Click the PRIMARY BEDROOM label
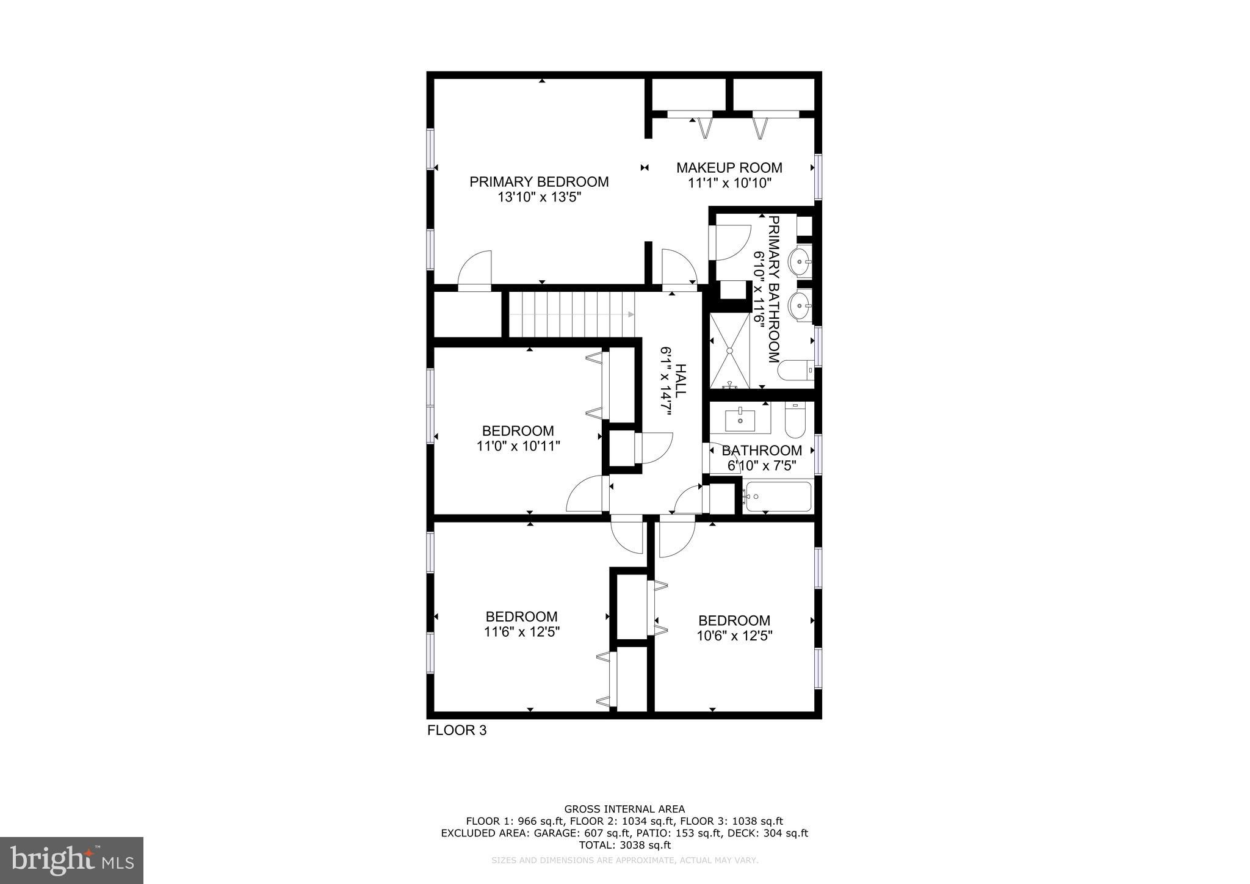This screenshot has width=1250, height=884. [x=539, y=182]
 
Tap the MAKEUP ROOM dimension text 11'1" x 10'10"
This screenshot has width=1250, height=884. [x=729, y=183]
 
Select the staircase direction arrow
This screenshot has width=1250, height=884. [x=630, y=314]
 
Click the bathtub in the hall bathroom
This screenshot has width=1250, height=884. [x=778, y=497]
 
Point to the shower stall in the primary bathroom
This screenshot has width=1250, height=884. [x=729, y=351]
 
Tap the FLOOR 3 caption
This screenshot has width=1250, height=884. [x=457, y=730]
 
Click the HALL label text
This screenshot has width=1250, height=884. [x=681, y=381]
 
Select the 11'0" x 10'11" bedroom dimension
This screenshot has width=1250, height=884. [x=518, y=446]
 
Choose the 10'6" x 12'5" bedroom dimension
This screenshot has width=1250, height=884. [x=734, y=636]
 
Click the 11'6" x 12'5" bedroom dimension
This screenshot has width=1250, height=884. [x=522, y=632]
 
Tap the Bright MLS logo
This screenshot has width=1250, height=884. [x=71, y=860]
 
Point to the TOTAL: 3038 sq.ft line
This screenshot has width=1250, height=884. [x=624, y=845]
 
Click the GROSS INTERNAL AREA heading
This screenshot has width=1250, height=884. [x=624, y=810]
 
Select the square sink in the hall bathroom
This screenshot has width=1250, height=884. [x=740, y=419]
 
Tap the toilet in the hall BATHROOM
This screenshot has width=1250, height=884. [x=795, y=421]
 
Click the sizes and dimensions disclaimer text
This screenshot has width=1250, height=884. [x=624, y=860]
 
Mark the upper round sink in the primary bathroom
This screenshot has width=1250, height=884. [x=800, y=263]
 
